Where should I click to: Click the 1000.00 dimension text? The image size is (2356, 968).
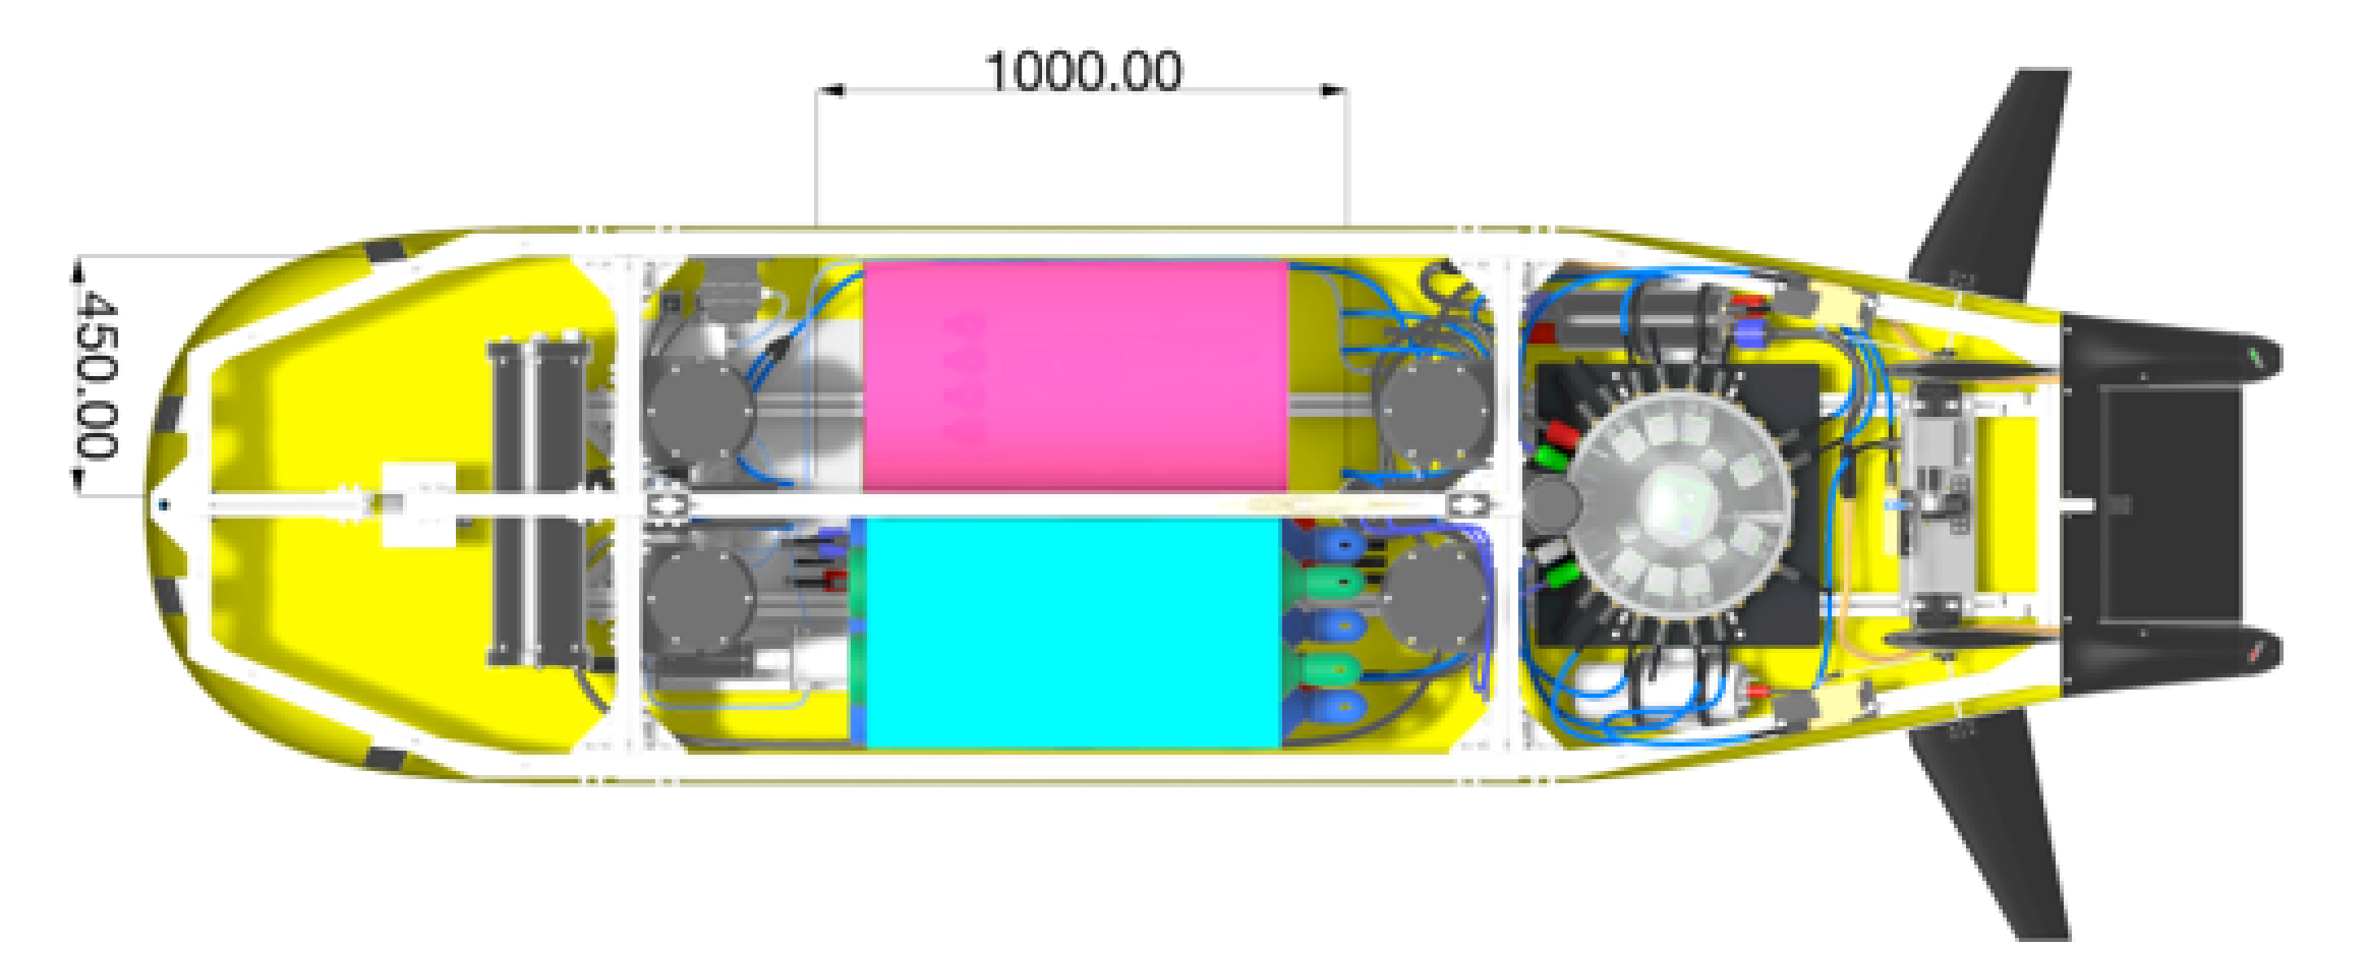1084,71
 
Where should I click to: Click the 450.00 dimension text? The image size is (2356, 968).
95,374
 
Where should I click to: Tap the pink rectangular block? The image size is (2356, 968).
1075,376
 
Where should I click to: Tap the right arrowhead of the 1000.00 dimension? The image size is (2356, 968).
1333,90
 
